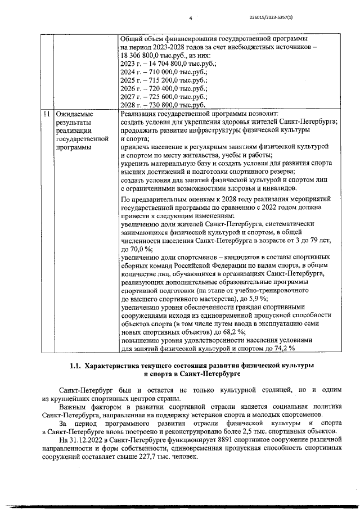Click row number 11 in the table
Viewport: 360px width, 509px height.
tap(44, 114)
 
